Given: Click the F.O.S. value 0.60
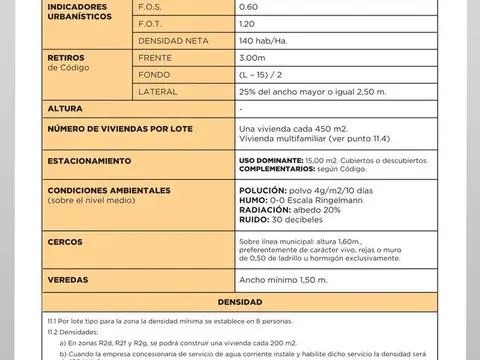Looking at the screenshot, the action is pyautogui.click(x=248, y=7).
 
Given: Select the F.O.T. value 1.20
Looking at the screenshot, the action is pyautogui.click(x=247, y=23).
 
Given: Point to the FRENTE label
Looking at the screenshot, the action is pyautogui.click(x=155, y=57).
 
